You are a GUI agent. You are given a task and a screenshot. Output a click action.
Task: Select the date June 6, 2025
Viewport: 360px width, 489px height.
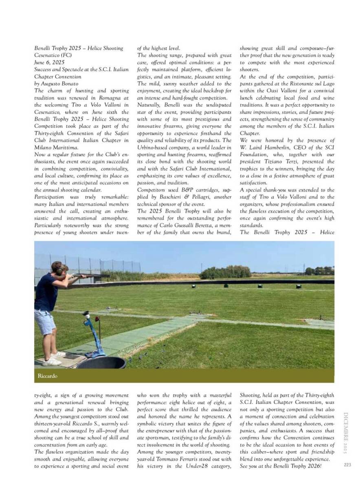tap(49, 62)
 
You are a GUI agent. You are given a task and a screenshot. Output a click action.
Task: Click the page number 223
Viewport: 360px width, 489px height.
tap(347, 465)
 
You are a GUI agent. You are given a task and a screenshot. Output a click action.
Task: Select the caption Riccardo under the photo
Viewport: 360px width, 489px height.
tap(47, 375)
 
